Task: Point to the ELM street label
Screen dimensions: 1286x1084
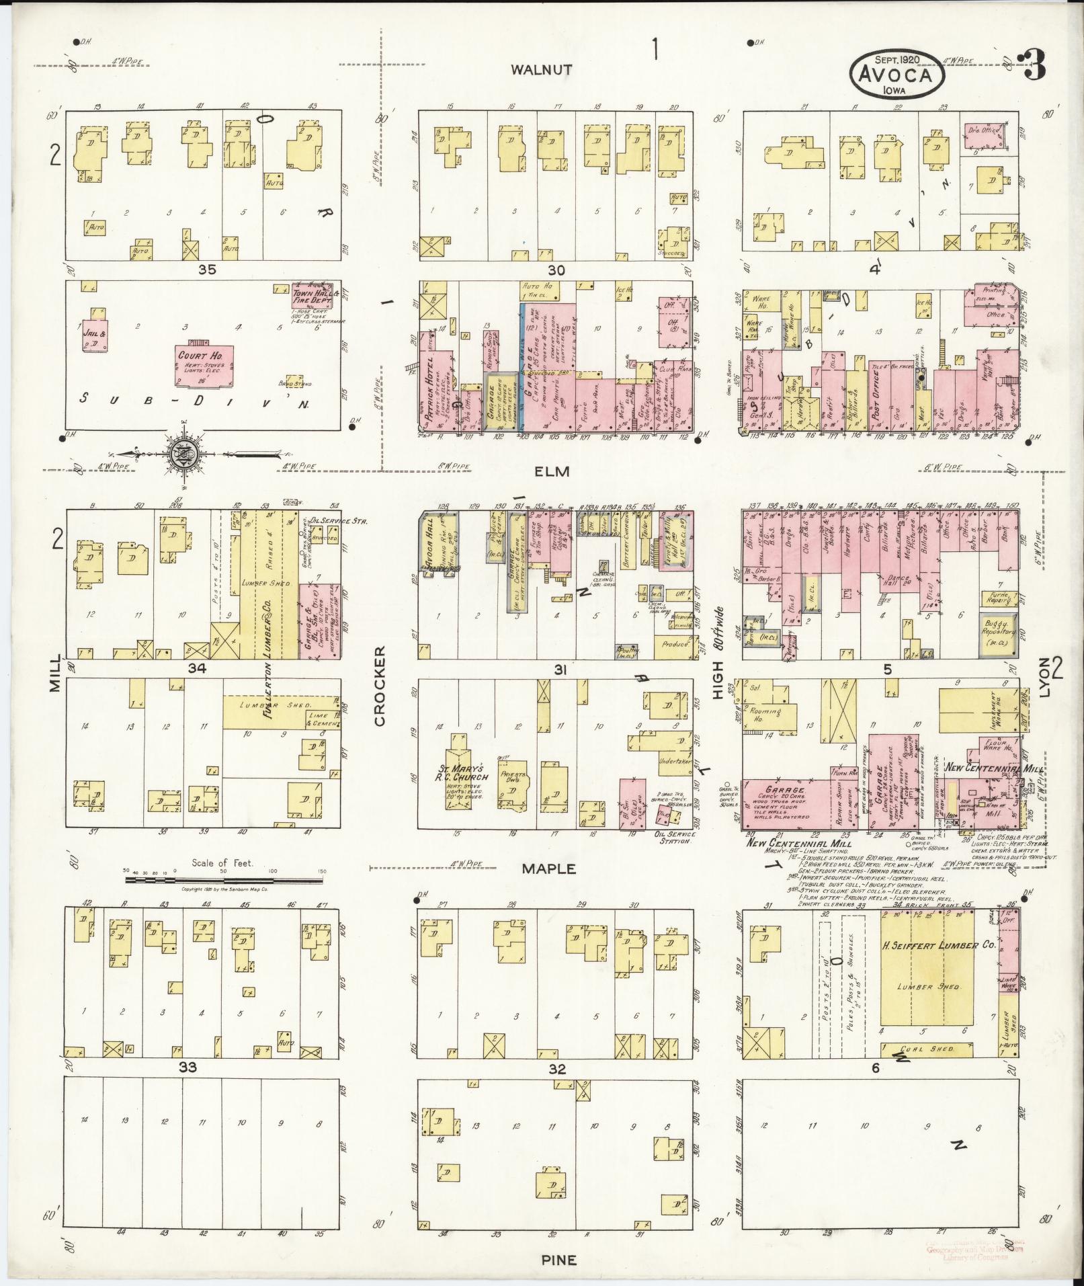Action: tap(552, 472)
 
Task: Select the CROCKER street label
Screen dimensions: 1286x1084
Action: tap(379, 686)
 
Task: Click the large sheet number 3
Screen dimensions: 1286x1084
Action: tap(1033, 69)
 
